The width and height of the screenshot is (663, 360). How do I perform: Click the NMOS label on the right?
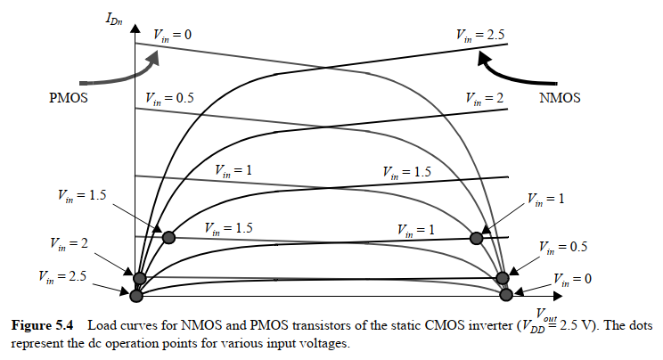pos(560,98)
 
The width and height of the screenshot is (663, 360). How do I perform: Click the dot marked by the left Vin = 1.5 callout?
pos(168,237)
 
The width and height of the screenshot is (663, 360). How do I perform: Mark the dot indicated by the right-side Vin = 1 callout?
pos(477,238)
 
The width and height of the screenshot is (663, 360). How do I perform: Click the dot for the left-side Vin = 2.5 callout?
pos(136,295)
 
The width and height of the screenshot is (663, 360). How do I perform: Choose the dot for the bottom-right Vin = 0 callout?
pos(507,293)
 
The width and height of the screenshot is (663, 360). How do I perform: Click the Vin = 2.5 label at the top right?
pos(480,35)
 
